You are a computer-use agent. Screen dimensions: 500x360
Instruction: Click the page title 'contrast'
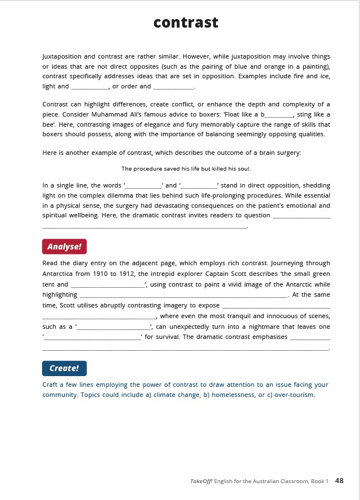186,22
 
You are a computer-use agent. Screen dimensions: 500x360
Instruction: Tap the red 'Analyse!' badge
64,247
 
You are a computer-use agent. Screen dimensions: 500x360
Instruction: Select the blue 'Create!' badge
64,368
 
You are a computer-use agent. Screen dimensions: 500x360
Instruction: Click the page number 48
339,480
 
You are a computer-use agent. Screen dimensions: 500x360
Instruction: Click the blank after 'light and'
90,87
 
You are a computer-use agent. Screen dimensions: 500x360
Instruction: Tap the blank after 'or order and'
173,87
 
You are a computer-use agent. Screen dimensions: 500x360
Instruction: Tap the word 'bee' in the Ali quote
49,124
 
